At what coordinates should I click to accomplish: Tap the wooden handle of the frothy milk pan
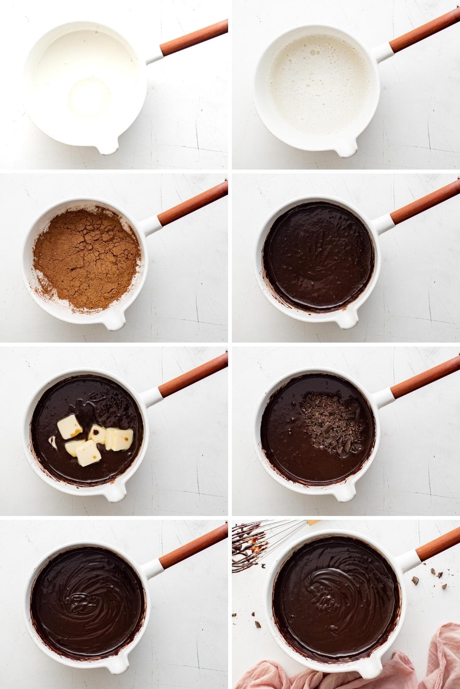426,29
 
